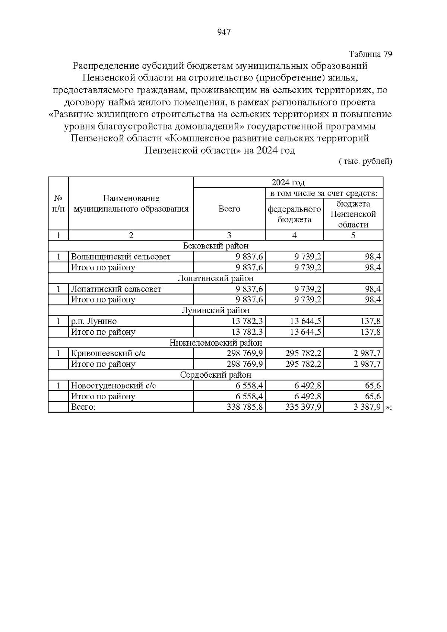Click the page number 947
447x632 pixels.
(223, 32)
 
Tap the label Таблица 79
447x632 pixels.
(370, 54)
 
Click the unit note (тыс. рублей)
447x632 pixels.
(365, 161)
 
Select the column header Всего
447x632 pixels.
(229, 209)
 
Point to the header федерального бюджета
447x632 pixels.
(294, 214)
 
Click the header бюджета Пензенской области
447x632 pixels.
(353, 214)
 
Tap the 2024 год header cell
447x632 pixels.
(288, 182)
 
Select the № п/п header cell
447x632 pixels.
(58, 203)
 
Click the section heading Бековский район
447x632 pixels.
(216, 246)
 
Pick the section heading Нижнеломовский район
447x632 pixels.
(216, 343)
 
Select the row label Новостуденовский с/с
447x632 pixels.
(113, 385)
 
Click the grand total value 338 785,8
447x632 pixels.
(245, 407)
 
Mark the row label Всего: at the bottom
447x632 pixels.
(83, 407)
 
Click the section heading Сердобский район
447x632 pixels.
(216, 375)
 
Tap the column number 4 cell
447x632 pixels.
(294, 235)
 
